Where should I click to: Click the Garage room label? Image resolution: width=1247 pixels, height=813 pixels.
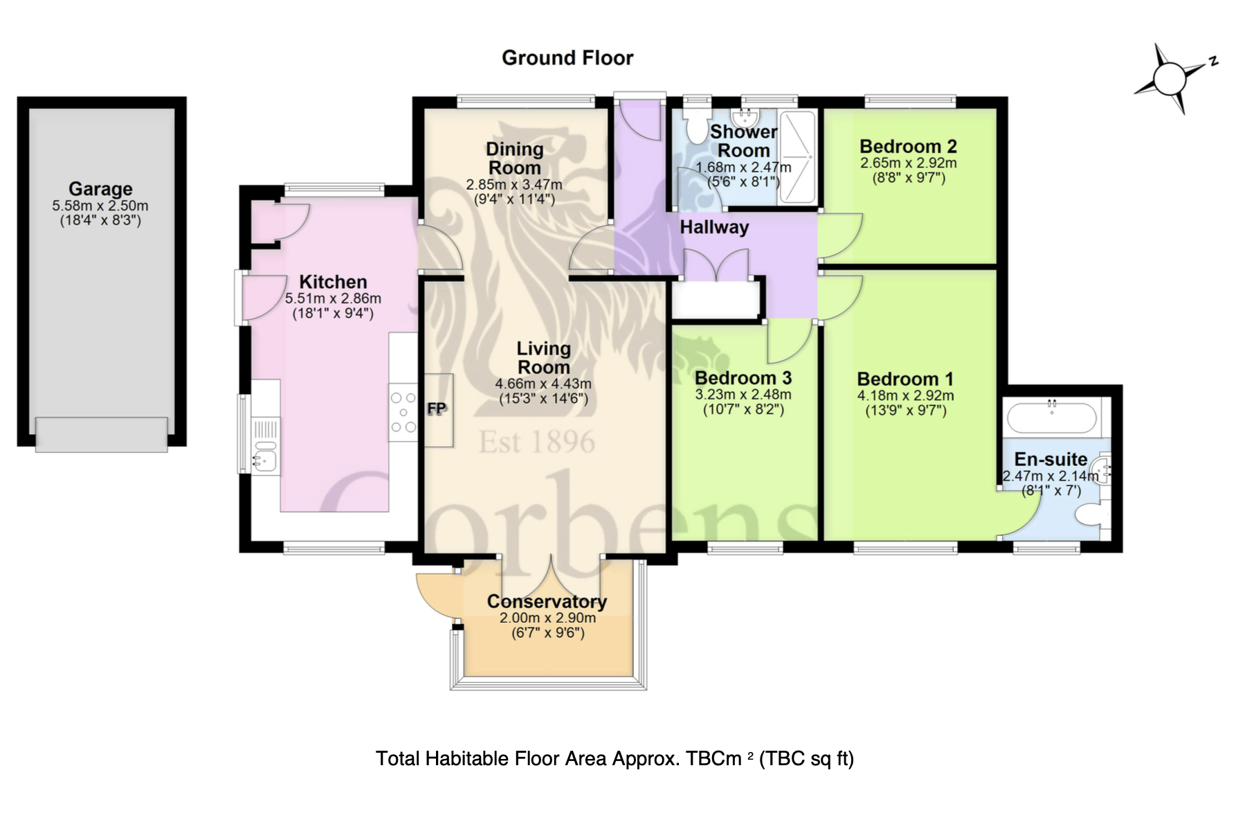(x=100, y=188)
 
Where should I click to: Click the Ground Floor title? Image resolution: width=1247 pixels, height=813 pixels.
(x=567, y=57)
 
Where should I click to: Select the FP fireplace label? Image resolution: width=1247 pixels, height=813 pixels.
(x=437, y=409)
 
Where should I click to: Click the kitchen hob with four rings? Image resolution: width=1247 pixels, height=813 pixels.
(x=403, y=412)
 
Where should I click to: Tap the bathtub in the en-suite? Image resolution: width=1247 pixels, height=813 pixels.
(x=1051, y=418)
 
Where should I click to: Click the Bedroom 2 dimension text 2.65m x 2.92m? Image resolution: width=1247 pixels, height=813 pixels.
(x=908, y=163)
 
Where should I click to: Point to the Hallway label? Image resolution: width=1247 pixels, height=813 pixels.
(x=714, y=227)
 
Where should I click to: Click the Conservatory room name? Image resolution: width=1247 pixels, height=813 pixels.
(x=547, y=601)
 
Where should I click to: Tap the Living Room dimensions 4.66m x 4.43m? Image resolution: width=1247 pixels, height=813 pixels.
(x=543, y=384)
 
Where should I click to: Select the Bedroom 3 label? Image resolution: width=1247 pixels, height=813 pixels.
(x=743, y=378)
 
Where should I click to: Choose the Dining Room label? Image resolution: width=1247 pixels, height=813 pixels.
(x=514, y=159)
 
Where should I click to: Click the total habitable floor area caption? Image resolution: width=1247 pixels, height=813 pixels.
(x=615, y=759)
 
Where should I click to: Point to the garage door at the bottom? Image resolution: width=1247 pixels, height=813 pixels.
(x=102, y=435)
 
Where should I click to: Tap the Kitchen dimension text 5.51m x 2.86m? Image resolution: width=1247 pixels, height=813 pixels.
(x=333, y=299)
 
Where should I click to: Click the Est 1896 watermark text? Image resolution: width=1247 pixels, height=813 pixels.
(x=537, y=443)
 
